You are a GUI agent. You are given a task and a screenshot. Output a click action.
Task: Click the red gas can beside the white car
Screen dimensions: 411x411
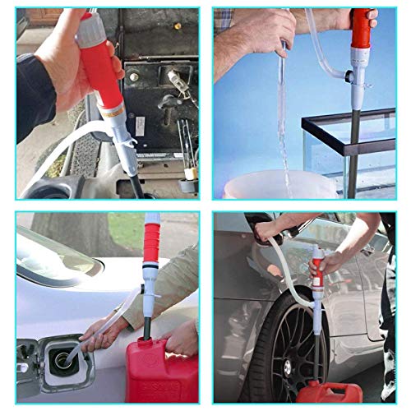160,370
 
